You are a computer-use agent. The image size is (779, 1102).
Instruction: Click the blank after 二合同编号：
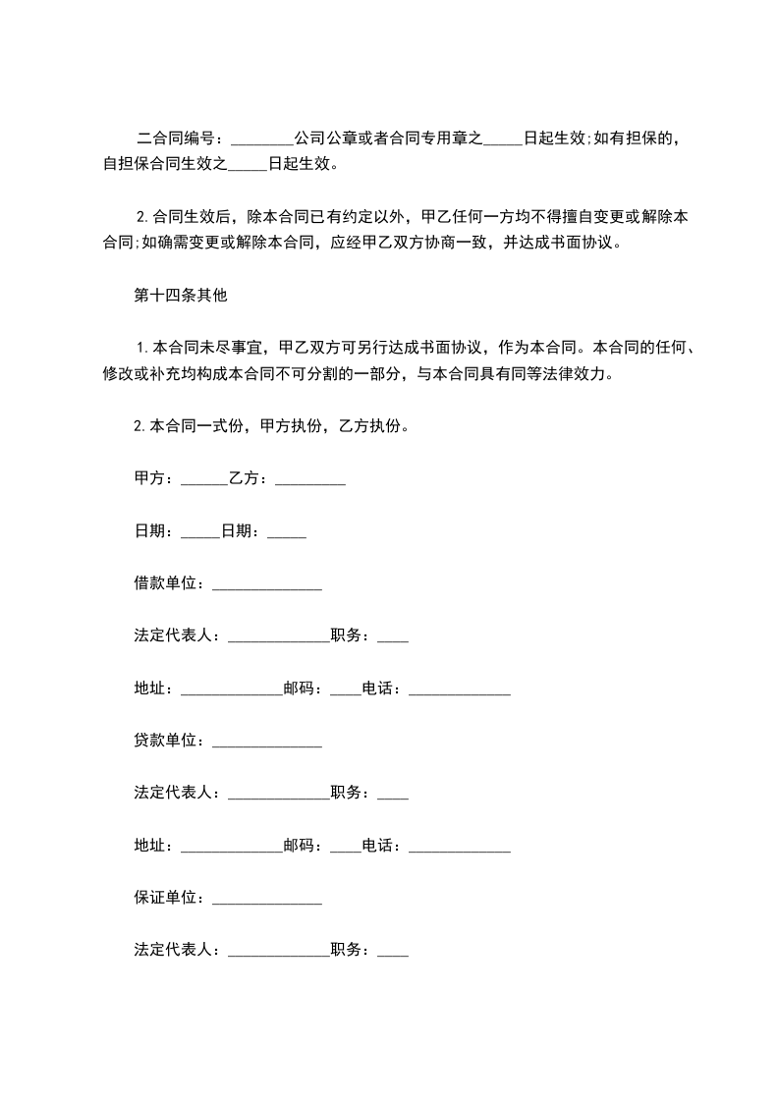click(257, 139)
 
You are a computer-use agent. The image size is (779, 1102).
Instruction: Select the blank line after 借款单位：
click(266, 585)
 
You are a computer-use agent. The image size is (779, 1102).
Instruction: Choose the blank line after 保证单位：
click(266, 899)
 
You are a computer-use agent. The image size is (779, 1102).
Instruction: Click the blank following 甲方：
click(203, 481)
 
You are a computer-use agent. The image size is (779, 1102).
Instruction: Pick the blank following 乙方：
click(309, 481)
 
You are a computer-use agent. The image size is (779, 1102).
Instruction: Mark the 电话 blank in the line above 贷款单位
click(459, 690)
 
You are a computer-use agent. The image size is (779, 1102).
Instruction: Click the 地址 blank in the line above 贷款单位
click(232, 690)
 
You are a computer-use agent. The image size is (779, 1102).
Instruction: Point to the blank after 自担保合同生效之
click(248, 165)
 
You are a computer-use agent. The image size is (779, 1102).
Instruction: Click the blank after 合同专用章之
click(503, 139)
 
